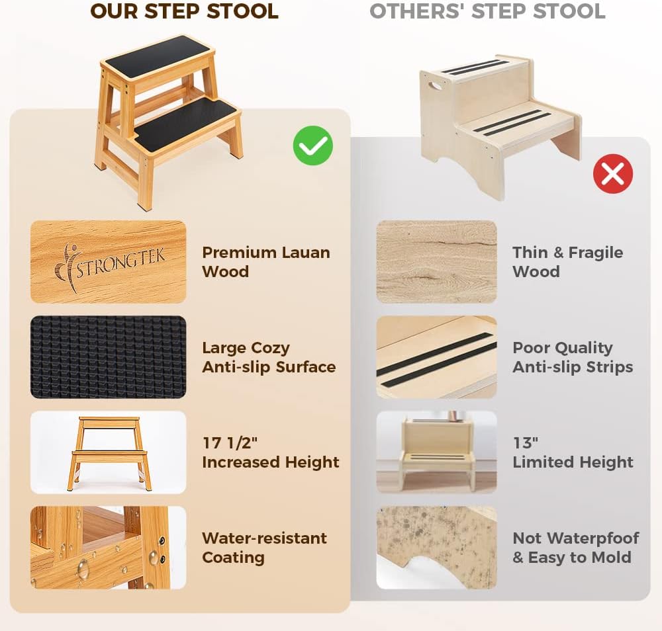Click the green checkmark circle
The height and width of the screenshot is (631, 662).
click(x=313, y=146)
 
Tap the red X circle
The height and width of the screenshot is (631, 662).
click(x=613, y=174)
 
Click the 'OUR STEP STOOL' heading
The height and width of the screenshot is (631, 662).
click(x=185, y=11)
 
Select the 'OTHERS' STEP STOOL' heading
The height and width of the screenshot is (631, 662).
click(x=487, y=11)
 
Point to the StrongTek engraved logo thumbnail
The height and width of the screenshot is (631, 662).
click(x=108, y=262)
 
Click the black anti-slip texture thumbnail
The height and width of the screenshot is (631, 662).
click(x=108, y=357)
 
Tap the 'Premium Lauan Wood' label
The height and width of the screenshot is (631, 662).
click(x=265, y=262)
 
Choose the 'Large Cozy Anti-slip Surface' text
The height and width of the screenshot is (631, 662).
click(x=269, y=357)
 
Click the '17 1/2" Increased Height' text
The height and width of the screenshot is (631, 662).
click(x=270, y=452)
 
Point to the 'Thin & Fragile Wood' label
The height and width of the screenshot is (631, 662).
click(x=567, y=262)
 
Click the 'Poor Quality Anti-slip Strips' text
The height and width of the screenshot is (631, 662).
click(x=573, y=357)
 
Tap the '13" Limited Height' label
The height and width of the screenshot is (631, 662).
click(x=573, y=452)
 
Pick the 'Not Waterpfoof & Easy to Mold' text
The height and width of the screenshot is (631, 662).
click(x=575, y=548)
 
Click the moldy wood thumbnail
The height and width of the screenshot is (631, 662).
click(x=436, y=548)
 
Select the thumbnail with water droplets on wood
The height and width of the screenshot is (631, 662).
click(x=108, y=548)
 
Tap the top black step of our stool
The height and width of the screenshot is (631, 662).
click(x=157, y=56)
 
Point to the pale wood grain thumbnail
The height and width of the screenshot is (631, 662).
click(x=436, y=262)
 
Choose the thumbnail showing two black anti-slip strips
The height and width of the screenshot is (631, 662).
click(x=436, y=357)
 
